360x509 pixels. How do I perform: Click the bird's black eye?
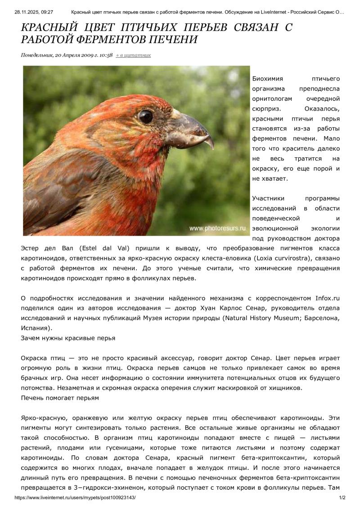point(145,116)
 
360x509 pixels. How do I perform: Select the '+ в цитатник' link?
point(133,55)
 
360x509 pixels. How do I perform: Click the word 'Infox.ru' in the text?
point(327,298)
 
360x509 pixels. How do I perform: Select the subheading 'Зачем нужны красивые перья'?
point(68,338)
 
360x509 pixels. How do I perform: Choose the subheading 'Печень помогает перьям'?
point(60,398)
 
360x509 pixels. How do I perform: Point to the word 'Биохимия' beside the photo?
point(267,79)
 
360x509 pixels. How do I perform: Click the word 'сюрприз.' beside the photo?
point(266,109)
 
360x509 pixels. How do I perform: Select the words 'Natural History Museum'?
point(270,318)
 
